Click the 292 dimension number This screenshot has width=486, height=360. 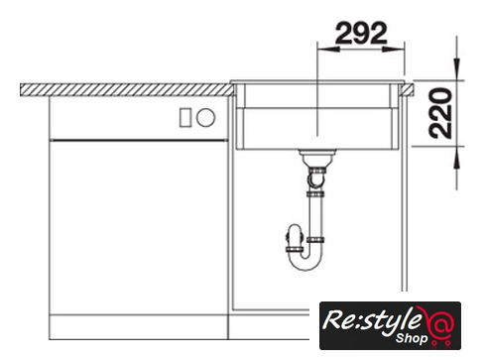pos(361,33)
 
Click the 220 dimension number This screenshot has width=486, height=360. pos(440,113)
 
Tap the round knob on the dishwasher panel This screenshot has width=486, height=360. pos(205,117)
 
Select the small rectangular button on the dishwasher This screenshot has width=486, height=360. pos(185,118)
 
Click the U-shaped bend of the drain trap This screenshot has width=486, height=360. pos(304,260)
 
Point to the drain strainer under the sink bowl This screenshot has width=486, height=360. pos(317,158)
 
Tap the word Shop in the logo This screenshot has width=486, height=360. pos(412,338)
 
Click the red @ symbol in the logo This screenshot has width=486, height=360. pos(440,325)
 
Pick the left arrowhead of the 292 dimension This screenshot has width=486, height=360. pos(328,49)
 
